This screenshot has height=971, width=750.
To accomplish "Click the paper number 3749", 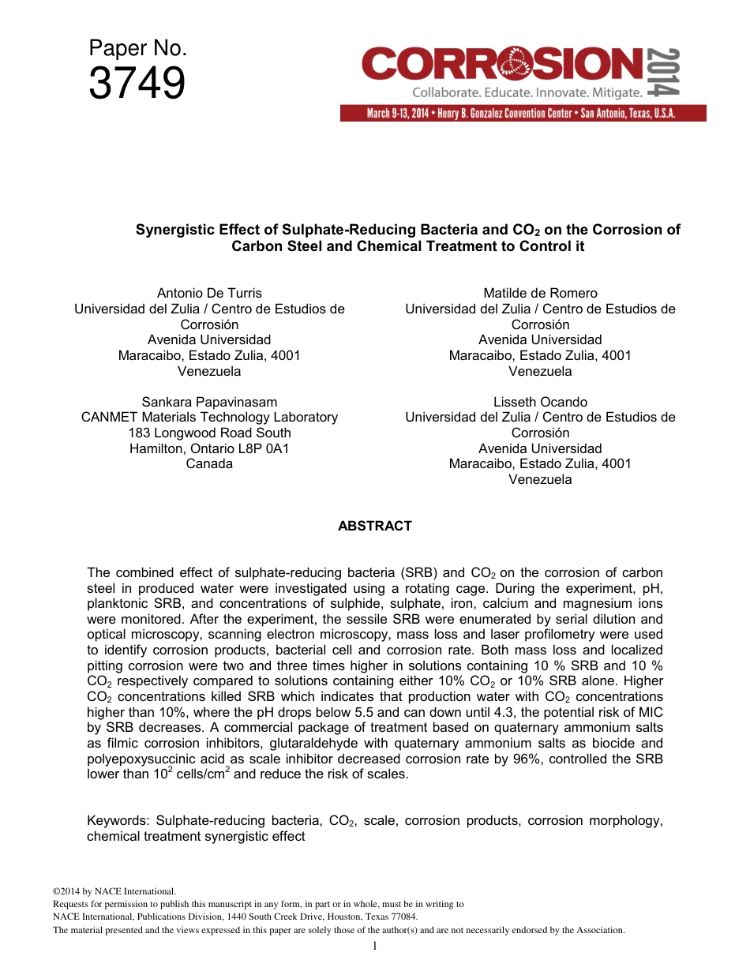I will tap(137, 84).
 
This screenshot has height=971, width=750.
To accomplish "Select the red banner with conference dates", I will tap(523, 114).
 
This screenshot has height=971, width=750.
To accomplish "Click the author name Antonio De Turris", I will tap(209, 293).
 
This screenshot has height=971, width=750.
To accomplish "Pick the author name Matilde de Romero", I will tap(540, 293).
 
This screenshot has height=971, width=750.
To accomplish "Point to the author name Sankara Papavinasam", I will tap(209, 402).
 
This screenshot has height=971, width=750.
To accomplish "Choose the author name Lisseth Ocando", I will tap(540, 402).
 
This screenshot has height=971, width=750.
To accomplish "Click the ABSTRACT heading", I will tap(374, 526).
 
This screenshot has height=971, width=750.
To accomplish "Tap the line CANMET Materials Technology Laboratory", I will tap(209, 417).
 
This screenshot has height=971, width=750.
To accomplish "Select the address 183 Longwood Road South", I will tap(209, 433).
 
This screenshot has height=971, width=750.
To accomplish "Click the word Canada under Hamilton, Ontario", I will tap(209, 463).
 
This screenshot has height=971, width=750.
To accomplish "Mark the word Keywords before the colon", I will tap(118, 821).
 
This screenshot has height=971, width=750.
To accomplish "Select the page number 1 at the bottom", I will tap(374, 947).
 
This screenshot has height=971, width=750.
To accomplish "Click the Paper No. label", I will tap(137, 49).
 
